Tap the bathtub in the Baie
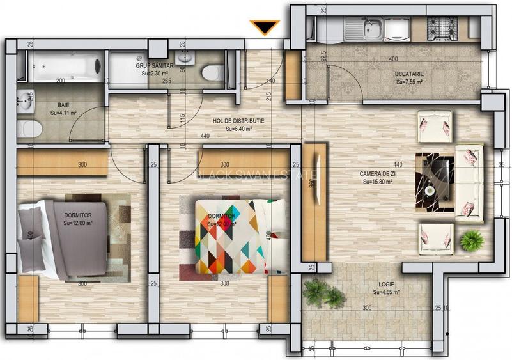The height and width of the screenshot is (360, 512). coord(67,66)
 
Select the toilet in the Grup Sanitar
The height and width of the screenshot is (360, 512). coord(213,72)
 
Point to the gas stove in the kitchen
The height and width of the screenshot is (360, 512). coord(440,27)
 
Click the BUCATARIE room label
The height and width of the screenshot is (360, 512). coord(409,74)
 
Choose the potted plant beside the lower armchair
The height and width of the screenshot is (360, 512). coord(472,240)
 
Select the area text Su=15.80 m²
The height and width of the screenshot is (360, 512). coord(377,181)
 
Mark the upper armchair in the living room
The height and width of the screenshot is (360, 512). coord(435,126)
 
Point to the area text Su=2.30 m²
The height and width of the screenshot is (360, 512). coord(155,73)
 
